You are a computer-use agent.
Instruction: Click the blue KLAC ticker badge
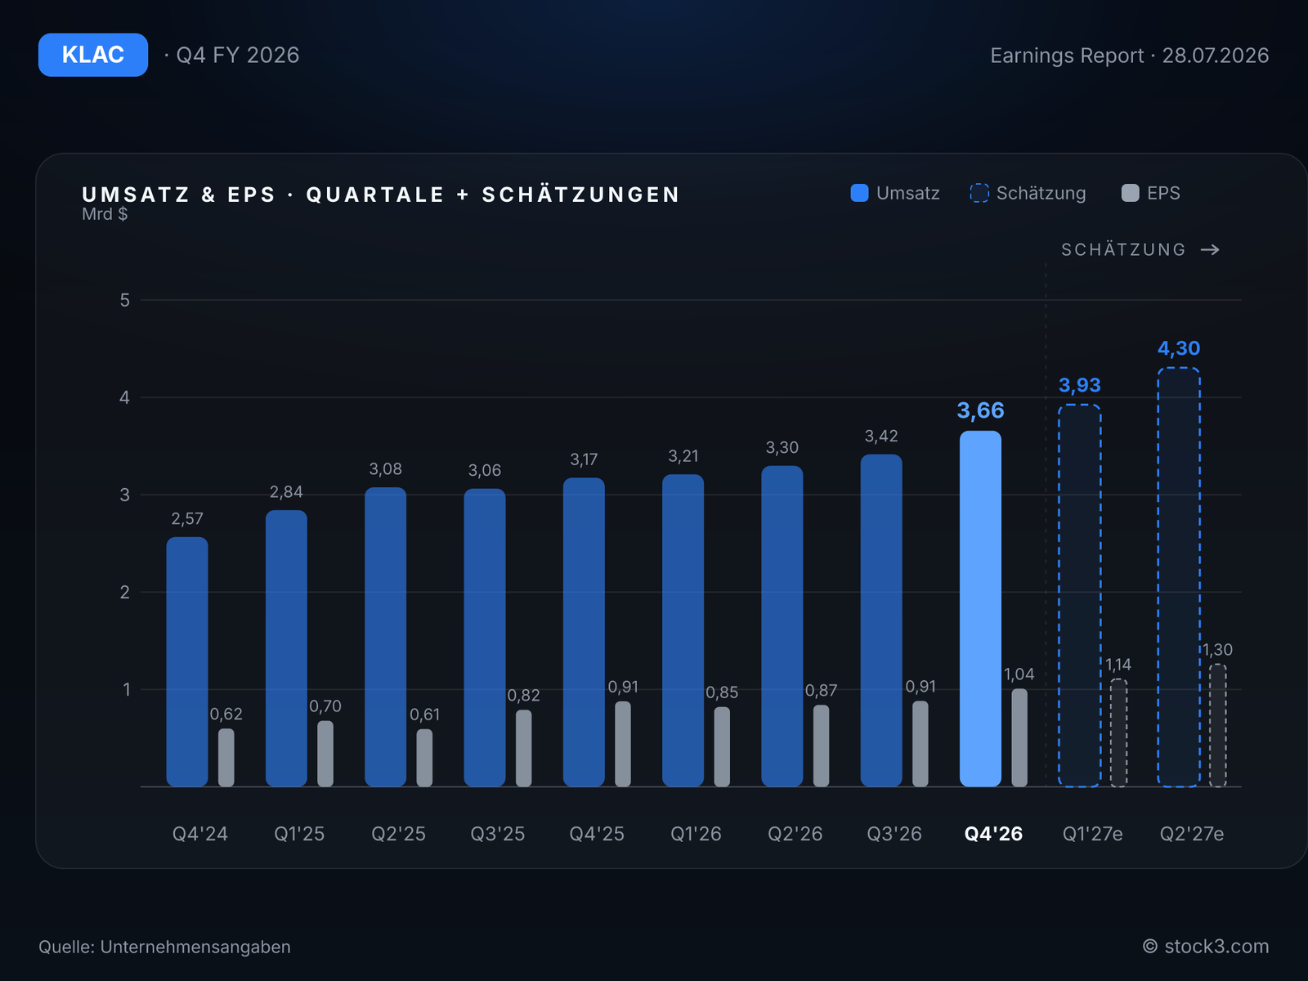[93, 55]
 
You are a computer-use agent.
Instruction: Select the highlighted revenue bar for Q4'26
[980, 608]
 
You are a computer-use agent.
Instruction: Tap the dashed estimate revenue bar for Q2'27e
[1179, 577]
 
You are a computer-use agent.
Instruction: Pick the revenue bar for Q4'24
[187, 661]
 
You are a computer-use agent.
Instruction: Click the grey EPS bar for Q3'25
[524, 748]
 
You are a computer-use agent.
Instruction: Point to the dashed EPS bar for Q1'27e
[1118, 732]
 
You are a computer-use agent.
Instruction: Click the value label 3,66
[980, 410]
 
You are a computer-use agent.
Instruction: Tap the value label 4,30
[1179, 348]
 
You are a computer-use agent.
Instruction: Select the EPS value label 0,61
[424, 714]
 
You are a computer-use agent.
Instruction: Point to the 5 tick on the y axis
[124, 300]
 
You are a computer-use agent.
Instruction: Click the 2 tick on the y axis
[124, 592]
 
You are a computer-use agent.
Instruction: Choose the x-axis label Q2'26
[795, 834]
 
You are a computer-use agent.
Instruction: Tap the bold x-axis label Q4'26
[993, 834]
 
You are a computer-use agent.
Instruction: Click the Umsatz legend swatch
[859, 193]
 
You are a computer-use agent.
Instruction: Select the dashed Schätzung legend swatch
[979, 193]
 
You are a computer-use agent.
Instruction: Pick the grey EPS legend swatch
[1131, 193]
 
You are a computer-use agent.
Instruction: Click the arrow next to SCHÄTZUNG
[1210, 249]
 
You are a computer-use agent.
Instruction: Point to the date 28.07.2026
[1216, 56]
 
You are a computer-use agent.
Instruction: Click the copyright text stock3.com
[1216, 947]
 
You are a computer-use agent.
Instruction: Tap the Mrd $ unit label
[105, 214]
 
